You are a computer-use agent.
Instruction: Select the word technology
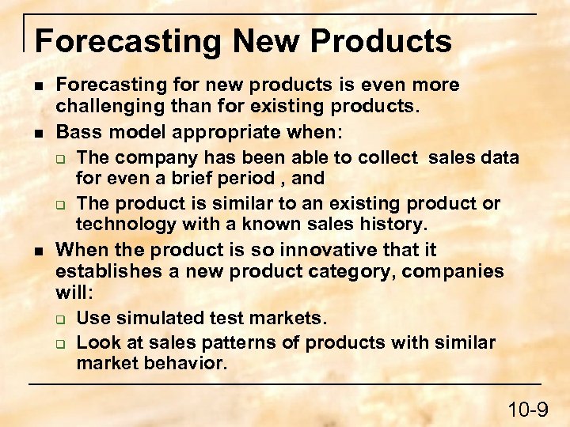125,225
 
